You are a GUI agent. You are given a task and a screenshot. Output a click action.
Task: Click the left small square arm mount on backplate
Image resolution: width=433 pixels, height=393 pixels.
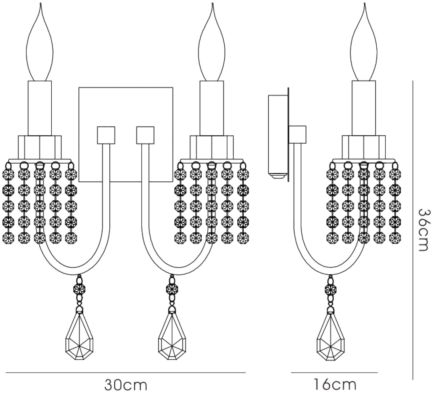(x=106, y=135)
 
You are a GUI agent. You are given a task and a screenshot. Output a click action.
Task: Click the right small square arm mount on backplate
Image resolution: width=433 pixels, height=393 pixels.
(x=145, y=135)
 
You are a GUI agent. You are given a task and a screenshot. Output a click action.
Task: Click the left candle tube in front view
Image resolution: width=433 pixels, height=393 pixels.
(x=40, y=108)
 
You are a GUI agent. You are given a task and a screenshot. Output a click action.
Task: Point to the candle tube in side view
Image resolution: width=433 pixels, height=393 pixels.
(x=364, y=108)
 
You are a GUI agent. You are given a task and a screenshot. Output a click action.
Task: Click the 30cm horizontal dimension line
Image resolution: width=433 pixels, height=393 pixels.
(x=126, y=373)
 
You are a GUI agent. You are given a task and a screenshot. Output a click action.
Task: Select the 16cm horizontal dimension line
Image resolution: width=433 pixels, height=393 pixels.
(x=334, y=373)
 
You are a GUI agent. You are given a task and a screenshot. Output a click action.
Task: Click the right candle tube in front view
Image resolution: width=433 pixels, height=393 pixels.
(x=212, y=108)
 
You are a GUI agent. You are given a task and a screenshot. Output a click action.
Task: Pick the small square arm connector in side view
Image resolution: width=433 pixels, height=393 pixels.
(x=297, y=135)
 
